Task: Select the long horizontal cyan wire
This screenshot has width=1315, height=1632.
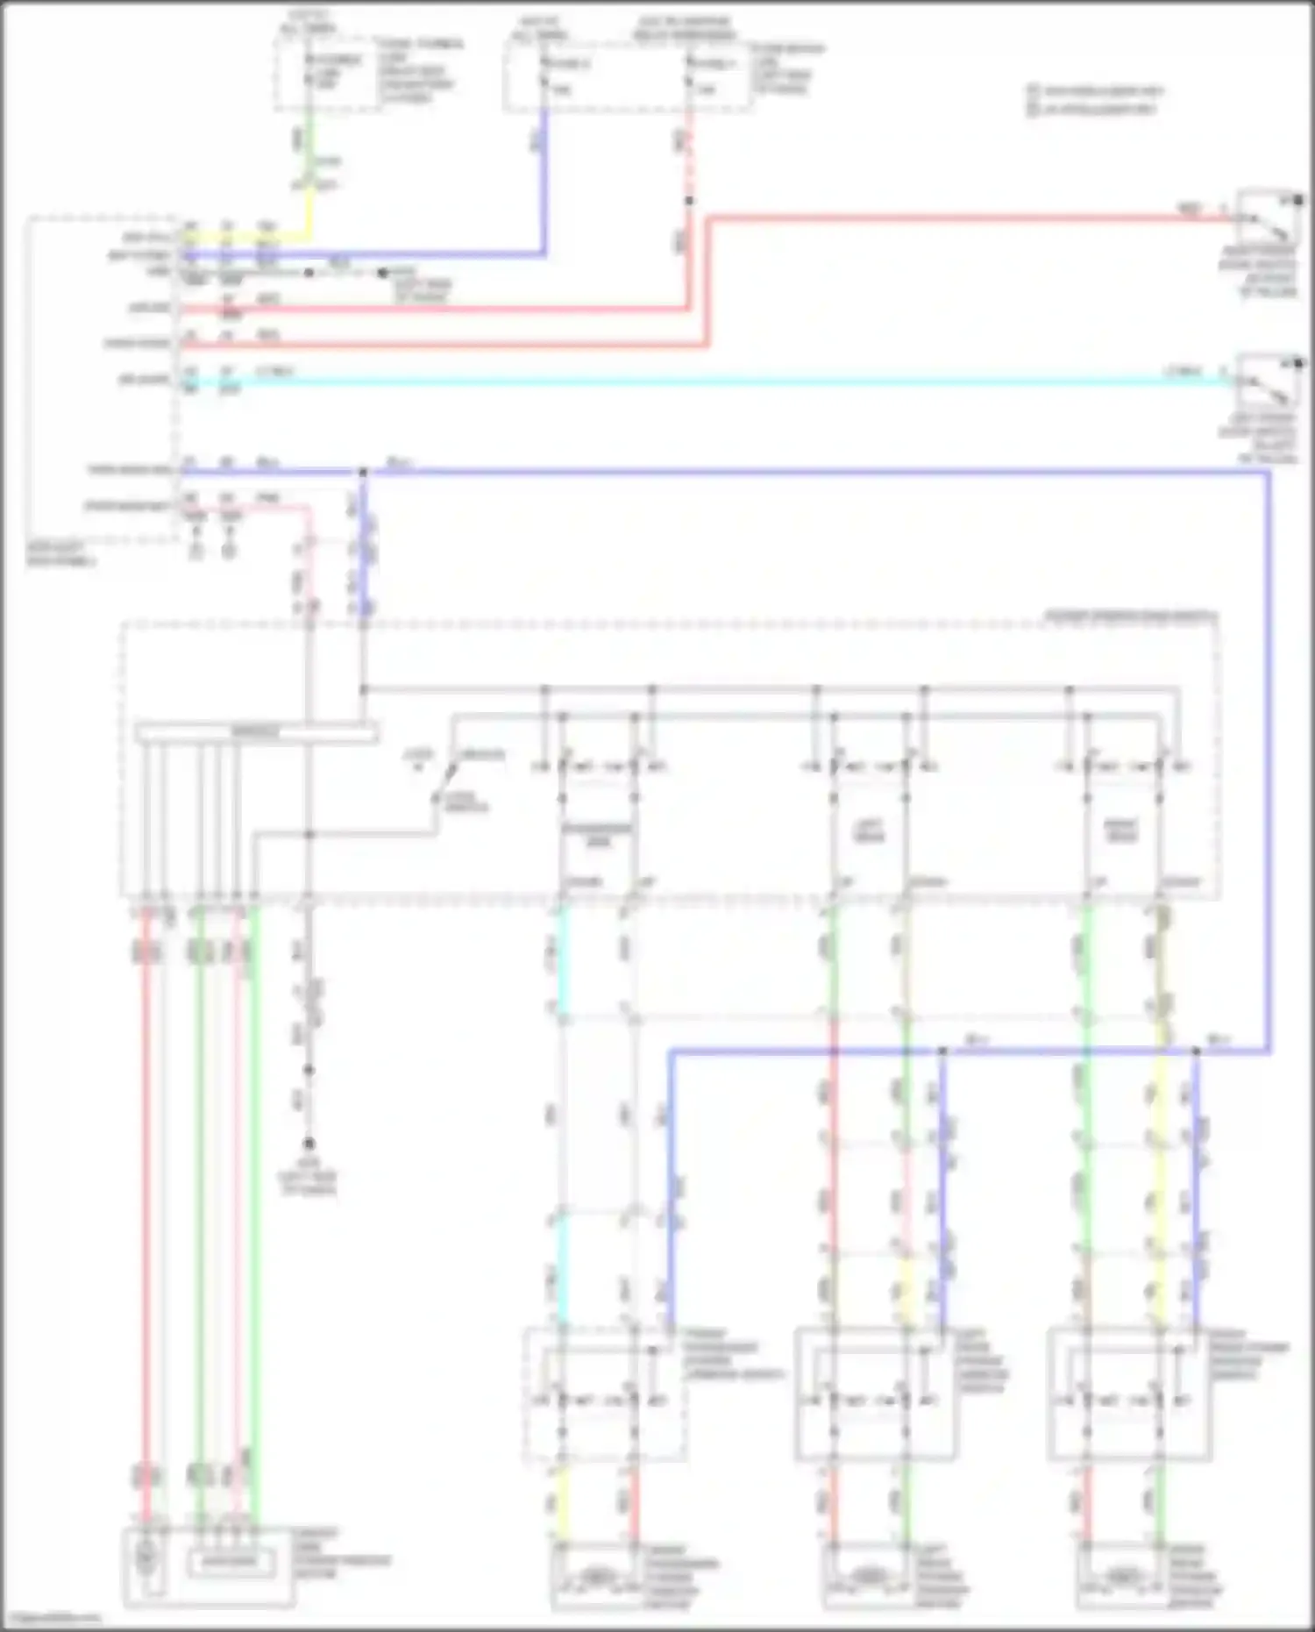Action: pyautogui.click(x=701, y=382)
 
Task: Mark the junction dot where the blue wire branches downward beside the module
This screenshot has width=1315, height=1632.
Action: pyautogui.click(x=363, y=473)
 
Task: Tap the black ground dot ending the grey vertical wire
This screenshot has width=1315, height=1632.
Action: pyautogui.click(x=309, y=1144)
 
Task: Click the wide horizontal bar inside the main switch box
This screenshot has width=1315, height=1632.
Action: pyautogui.click(x=257, y=732)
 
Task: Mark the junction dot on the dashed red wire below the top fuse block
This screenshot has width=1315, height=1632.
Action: pyautogui.click(x=689, y=201)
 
